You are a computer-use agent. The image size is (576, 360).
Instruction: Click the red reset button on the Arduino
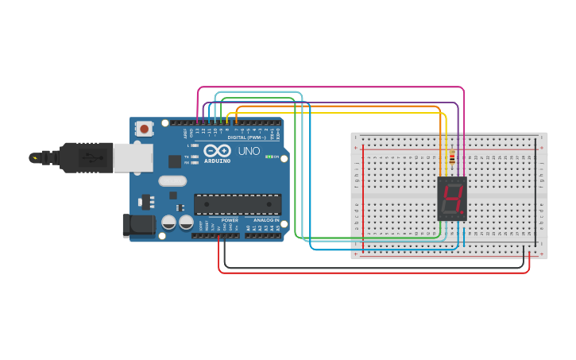[144, 128]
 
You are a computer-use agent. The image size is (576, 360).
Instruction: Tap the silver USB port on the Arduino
[133, 157]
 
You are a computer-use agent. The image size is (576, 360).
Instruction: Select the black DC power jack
[139, 226]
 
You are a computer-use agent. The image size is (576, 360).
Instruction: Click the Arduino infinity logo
[216, 150]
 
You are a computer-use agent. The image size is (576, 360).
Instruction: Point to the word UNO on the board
[249, 151]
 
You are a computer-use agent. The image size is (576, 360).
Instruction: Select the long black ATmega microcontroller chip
[238, 204]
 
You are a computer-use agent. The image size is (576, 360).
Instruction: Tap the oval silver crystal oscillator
[172, 180]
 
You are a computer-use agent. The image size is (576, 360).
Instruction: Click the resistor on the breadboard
[452, 158]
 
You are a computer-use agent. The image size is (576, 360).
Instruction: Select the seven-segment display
[452, 199]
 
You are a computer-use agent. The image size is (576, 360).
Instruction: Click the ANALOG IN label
[266, 220]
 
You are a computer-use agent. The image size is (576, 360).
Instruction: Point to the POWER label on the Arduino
[230, 220]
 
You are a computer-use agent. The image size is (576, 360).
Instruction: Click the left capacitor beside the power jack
[168, 223]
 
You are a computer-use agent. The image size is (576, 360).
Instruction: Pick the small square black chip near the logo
[175, 161]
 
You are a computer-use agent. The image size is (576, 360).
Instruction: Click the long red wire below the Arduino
[373, 273]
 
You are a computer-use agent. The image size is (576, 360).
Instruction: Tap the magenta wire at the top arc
[330, 87]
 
